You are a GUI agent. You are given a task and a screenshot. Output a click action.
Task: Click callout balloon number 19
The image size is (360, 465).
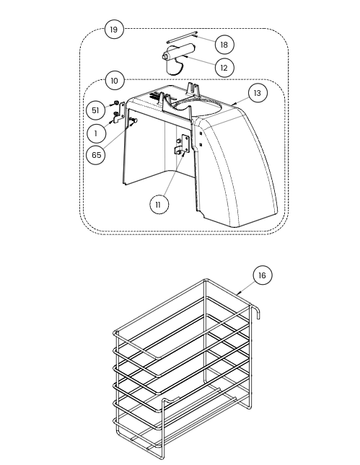(x=114, y=30)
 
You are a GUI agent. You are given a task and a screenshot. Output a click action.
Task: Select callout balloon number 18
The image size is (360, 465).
(x=224, y=45)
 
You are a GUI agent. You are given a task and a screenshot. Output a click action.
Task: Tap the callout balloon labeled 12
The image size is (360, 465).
(x=224, y=68)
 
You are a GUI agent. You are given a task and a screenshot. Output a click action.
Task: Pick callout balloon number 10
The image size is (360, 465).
(x=114, y=81)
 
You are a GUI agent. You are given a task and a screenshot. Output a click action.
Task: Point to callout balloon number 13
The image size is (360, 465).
(x=258, y=93)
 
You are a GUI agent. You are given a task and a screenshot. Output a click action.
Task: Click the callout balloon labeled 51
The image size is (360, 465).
(x=95, y=110)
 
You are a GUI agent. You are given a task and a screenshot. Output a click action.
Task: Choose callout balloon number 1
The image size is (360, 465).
(x=96, y=133)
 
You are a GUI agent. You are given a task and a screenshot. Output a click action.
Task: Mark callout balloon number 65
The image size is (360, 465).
(x=96, y=155)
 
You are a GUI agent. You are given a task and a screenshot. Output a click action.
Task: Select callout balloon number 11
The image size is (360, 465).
(x=159, y=205)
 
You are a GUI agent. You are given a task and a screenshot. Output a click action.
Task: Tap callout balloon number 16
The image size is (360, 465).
(x=263, y=275)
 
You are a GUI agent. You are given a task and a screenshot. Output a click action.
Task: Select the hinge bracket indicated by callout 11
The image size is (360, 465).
(x=182, y=145)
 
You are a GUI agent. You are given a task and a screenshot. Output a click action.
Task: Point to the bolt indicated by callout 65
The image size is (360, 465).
(x=132, y=120)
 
